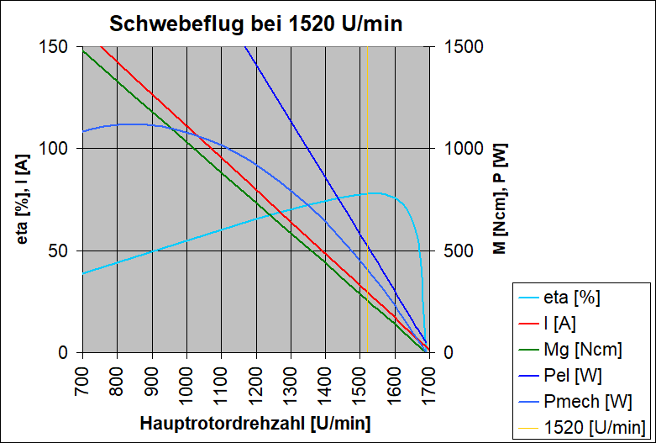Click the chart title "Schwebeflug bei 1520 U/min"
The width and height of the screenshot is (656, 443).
[x=258, y=24]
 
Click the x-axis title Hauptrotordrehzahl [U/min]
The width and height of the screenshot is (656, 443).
[x=256, y=422]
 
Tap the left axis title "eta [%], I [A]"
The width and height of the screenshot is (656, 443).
[x=24, y=199]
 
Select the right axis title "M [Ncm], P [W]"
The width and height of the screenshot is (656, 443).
[x=499, y=199]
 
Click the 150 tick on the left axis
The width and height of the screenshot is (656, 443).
[x=57, y=46]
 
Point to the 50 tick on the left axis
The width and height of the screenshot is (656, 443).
[x=62, y=251]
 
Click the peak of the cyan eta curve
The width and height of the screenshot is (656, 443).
[x=375, y=193]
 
